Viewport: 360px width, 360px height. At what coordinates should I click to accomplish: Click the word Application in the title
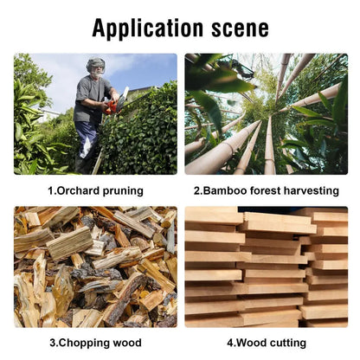[x=148, y=28]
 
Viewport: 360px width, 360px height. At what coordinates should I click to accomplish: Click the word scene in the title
[x=241, y=29]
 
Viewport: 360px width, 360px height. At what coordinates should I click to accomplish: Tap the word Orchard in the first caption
[x=78, y=190]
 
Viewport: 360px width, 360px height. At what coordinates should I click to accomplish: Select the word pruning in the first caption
[x=123, y=191]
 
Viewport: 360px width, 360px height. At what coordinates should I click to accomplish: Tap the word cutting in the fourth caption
[x=286, y=344]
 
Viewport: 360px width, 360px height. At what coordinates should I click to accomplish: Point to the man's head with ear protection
[x=96, y=66]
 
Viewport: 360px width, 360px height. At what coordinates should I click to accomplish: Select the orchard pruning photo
[x=95, y=114]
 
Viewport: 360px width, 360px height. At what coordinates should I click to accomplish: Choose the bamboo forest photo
[x=267, y=114]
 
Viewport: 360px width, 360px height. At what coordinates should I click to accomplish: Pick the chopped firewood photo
[x=95, y=267]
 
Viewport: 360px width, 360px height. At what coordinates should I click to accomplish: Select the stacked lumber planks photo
[x=267, y=267]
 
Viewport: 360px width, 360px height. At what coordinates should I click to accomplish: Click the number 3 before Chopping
[x=53, y=343]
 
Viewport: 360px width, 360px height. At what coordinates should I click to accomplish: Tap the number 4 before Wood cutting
[x=230, y=343]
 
